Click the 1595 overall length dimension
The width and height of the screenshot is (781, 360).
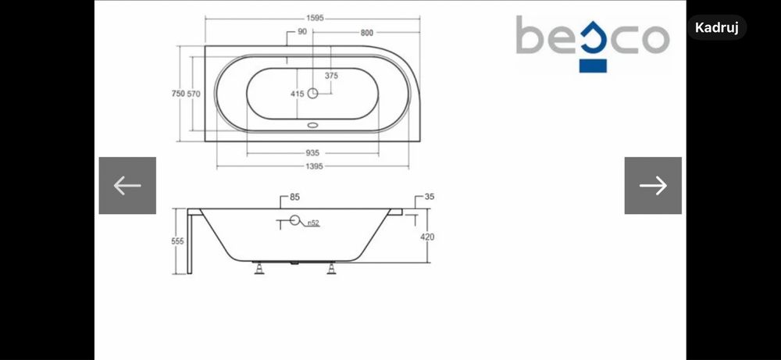[315, 18]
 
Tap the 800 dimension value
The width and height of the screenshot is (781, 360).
[366, 33]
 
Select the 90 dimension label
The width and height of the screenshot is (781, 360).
[301, 31]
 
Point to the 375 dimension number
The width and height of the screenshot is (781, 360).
[331, 76]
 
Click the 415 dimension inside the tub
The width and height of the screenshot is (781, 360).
[298, 94]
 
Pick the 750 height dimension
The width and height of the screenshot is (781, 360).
[178, 94]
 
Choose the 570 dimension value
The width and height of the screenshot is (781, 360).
[194, 94]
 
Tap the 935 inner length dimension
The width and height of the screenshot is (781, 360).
[312, 153]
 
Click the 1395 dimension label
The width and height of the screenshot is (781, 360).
[315, 166]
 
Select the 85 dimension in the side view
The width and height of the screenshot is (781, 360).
[295, 197]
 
